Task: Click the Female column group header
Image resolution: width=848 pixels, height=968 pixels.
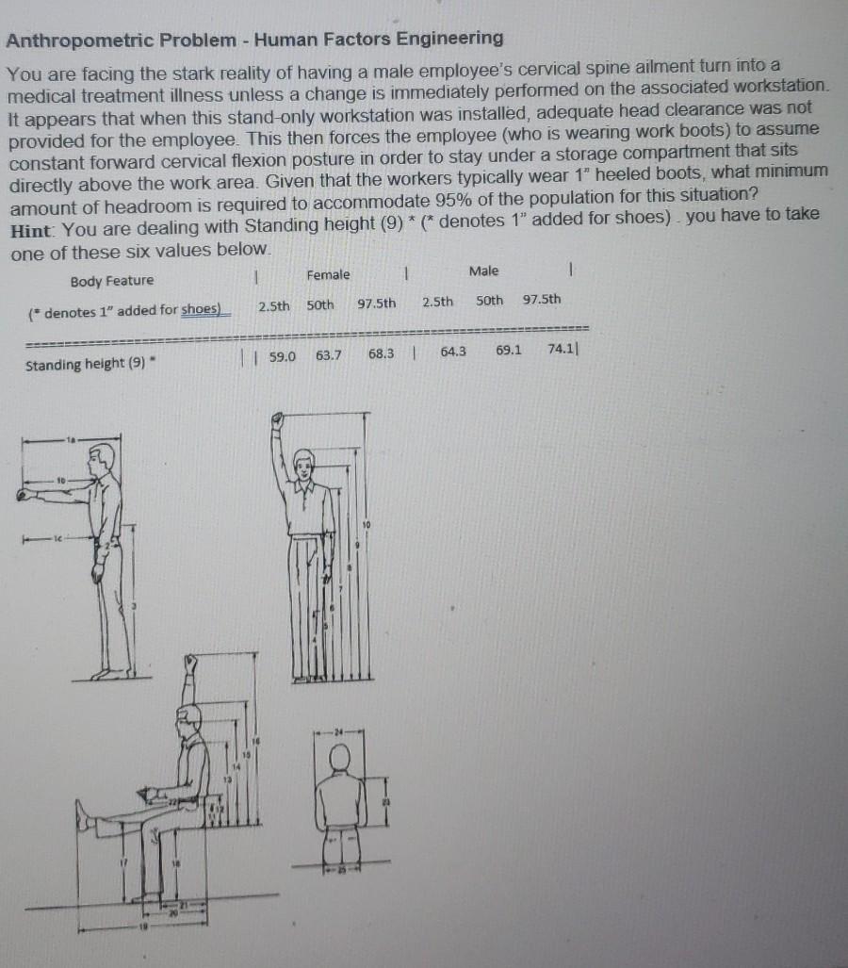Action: point(328,274)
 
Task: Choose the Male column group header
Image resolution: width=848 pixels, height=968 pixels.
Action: point(483,271)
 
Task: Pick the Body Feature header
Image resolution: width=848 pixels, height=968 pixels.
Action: point(111,281)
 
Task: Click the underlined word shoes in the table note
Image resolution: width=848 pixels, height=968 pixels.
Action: point(200,310)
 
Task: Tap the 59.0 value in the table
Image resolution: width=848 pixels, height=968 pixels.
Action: point(283,357)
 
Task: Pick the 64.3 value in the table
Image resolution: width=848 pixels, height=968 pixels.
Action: point(453,352)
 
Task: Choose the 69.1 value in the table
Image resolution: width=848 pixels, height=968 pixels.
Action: point(508,351)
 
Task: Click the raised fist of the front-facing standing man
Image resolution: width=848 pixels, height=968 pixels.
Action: point(279,420)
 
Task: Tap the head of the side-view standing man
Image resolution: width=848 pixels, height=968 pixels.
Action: point(102,458)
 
